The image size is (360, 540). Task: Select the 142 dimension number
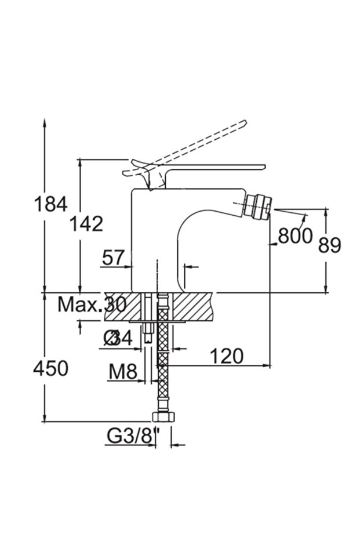coord(86,223)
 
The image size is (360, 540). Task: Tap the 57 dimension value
coord(113,258)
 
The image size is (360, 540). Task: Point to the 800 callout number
coord(295,236)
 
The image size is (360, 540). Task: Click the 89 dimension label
coord(330,245)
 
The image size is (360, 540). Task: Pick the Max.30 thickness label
coord(92,304)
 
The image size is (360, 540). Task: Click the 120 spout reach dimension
coord(226,356)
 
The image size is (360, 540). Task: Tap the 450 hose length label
coord(51,368)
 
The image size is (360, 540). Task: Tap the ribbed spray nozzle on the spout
coord(259,207)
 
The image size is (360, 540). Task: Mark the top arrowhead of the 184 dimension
coord(45,124)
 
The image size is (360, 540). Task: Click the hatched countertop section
coord(191,305)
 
